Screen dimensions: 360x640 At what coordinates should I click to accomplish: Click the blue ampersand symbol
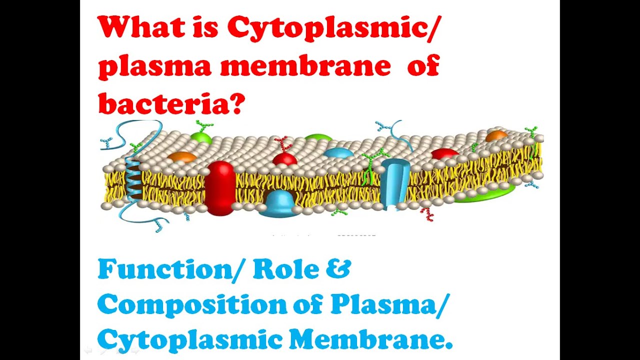[340, 269]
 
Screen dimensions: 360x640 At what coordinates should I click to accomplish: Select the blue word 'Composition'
[190, 305]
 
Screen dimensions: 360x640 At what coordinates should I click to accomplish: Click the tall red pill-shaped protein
[219, 187]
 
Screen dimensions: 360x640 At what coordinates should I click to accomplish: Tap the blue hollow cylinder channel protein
[394, 182]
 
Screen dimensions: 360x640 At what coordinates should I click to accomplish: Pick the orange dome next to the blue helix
[181, 157]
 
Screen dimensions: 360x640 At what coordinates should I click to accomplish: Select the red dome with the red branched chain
[285, 159]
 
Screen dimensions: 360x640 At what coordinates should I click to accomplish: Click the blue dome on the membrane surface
[338, 152]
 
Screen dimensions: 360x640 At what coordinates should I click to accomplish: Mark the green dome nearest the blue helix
[201, 136]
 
